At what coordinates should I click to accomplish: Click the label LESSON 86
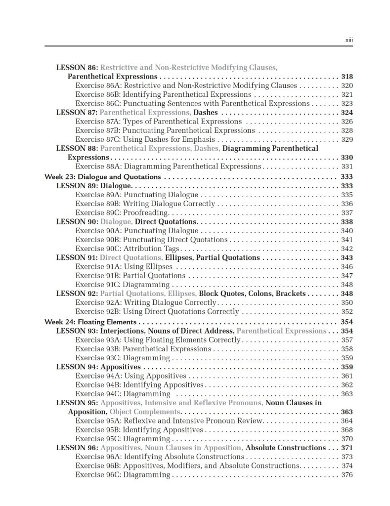[x=77, y=68]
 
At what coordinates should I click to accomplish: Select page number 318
[x=347, y=77]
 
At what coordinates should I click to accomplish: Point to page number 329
[x=347, y=139]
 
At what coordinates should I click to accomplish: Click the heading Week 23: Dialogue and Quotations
[x=103, y=177]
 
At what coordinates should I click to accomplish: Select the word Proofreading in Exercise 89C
[x=146, y=212]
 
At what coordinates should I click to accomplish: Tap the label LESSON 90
[x=77, y=222]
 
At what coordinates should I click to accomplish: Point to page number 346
[x=347, y=267]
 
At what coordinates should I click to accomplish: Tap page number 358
[x=347, y=349]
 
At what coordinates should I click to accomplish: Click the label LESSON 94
[x=77, y=367]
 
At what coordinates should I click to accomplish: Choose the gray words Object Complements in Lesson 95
[x=144, y=412]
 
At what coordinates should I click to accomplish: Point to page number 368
[x=347, y=429]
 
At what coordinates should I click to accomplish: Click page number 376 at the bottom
[x=347, y=475]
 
